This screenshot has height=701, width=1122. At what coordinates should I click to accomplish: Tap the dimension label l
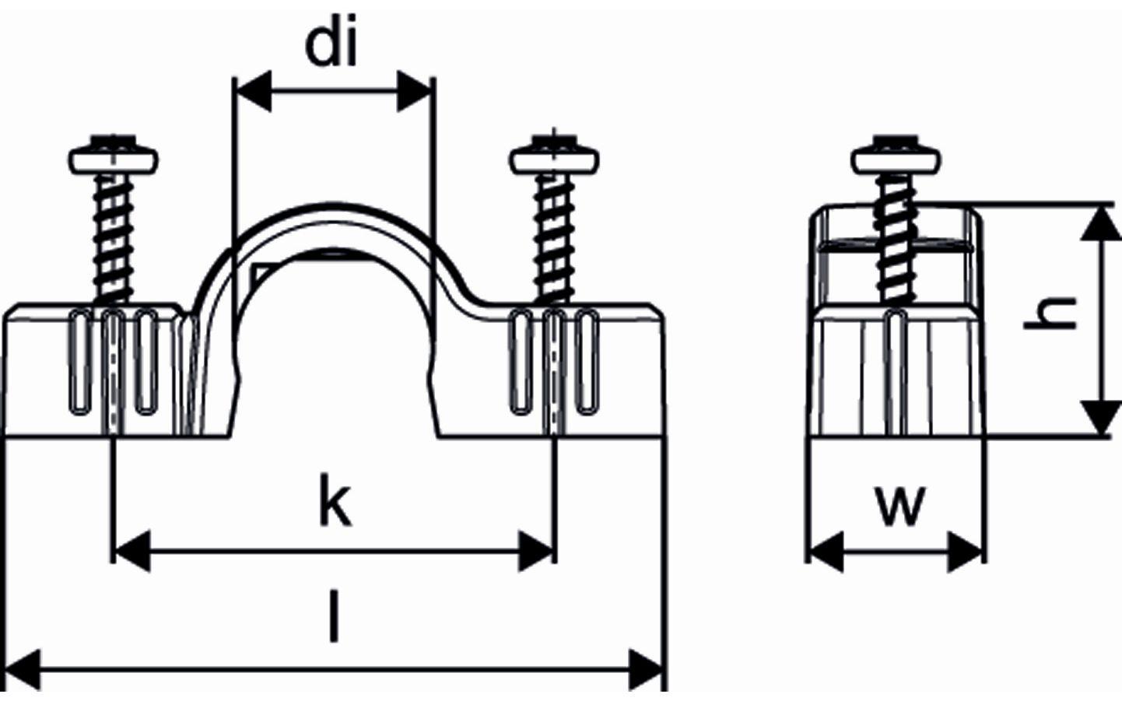tap(335, 617)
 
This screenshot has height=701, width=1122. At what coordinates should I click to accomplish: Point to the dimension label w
tap(899, 505)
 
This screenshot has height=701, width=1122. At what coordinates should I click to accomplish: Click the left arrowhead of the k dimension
tap(131, 552)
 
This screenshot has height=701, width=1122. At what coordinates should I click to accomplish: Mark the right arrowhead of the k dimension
tap(537, 552)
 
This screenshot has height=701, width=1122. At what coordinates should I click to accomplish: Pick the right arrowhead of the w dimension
tap(966, 552)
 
